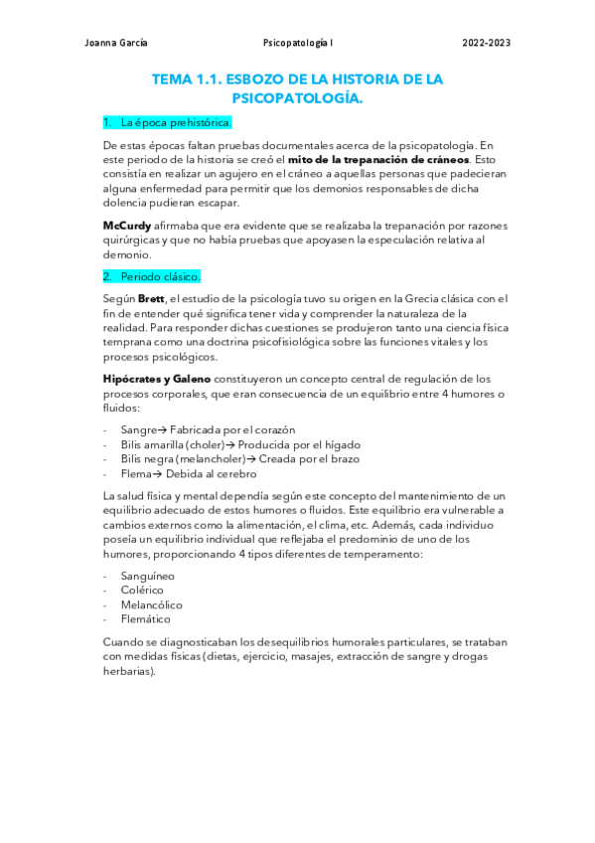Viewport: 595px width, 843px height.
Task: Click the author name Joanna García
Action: point(118,44)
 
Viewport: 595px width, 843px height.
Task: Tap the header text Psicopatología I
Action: point(298,44)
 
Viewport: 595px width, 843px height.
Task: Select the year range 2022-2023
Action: point(487,44)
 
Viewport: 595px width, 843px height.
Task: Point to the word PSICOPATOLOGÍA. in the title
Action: point(297,98)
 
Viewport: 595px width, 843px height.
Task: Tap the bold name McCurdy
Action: point(127,226)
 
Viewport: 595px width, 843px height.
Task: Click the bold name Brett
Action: point(151,298)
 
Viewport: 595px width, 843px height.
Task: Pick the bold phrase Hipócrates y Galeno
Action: point(156,379)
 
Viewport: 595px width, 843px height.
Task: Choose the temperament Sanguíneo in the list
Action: point(147,576)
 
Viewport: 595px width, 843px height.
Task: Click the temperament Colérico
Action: point(142,590)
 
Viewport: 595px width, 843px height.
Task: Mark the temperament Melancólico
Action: point(151,605)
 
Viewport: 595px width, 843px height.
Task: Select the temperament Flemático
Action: point(146,619)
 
